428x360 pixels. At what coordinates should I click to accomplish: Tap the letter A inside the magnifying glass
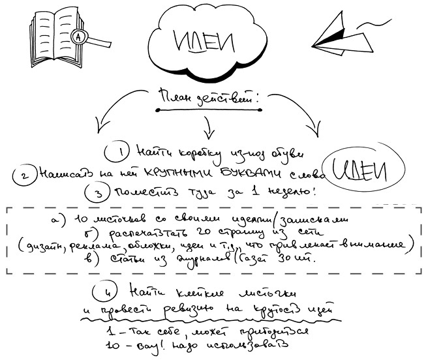point(80,36)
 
